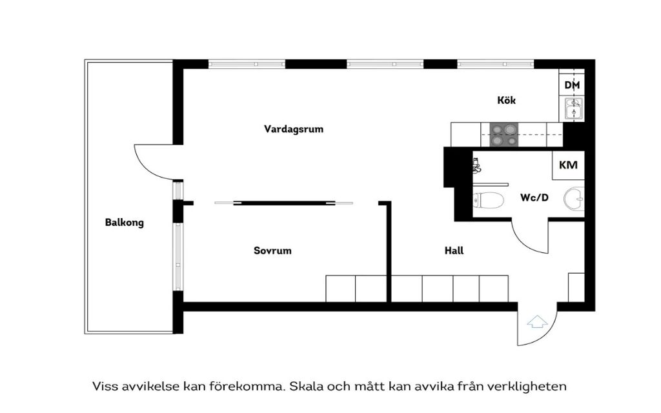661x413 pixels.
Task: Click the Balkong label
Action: [x=125, y=223]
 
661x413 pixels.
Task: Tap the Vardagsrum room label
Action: [x=294, y=129]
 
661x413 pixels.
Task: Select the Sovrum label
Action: [x=272, y=250]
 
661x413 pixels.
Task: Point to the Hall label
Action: [x=454, y=250]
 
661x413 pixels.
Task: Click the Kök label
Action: [x=507, y=101]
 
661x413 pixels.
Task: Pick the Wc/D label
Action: [x=534, y=197]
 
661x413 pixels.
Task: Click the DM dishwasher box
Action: [x=572, y=85]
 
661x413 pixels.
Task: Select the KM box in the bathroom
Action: [x=568, y=165]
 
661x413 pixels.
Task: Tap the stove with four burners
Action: [x=503, y=135]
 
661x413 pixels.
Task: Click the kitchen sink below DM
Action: [x=573, y=110]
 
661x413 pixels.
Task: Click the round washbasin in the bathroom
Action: [x=575, y=199]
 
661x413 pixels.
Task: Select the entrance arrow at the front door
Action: [x=537, y=321]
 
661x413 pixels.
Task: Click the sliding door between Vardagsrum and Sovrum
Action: [x=284, y=203]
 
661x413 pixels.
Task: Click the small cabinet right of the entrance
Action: [x=576, y=287]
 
